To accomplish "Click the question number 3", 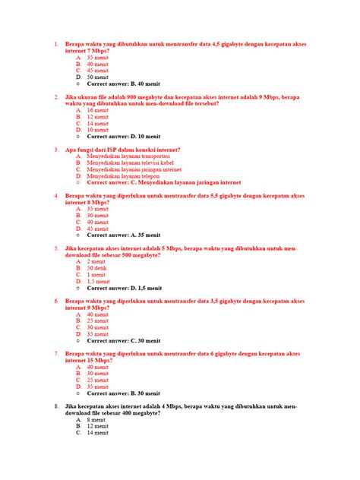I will (57, 150).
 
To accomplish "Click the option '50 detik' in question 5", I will (96, 267).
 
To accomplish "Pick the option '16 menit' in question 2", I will (98, 110).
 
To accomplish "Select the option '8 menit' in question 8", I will (96, 419).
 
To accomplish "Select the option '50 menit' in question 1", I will (98, 77).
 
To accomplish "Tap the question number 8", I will (57, 406).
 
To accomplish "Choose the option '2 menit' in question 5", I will (96, 261).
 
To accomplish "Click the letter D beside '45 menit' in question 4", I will (78, 228).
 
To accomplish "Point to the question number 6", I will (57, 301).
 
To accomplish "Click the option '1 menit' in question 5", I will (96, 274).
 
